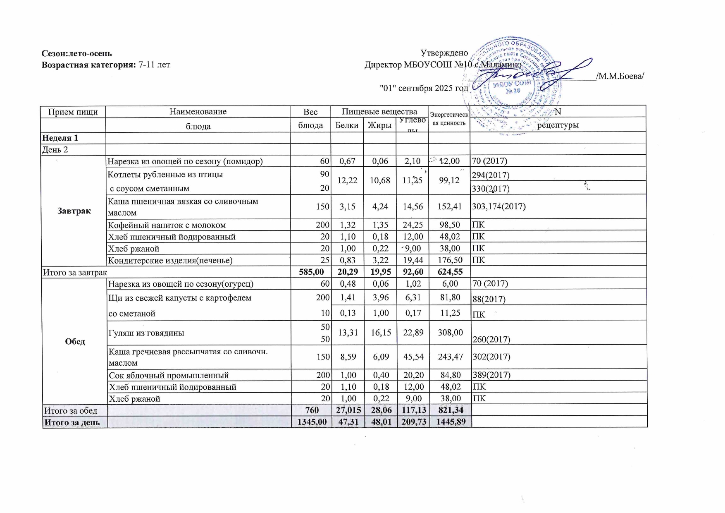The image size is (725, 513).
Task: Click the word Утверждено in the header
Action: (444, 53)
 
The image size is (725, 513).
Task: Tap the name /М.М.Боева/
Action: (620, 76)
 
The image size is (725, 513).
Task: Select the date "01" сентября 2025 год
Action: (424, 88)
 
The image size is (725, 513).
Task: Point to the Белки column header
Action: (347, 125)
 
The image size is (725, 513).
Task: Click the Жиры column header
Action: (379, 125)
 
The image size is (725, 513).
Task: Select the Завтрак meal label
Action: (74, 211)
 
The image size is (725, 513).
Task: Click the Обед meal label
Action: (75, 341)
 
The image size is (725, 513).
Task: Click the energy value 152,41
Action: (450, 206)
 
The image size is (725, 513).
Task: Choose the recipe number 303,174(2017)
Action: (499, 206)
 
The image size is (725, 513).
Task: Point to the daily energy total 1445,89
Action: (450, 422)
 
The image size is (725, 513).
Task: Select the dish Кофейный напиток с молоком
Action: (167, 225)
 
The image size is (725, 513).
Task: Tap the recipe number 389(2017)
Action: (491, 375)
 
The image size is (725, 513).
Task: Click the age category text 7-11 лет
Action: (154, 65)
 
